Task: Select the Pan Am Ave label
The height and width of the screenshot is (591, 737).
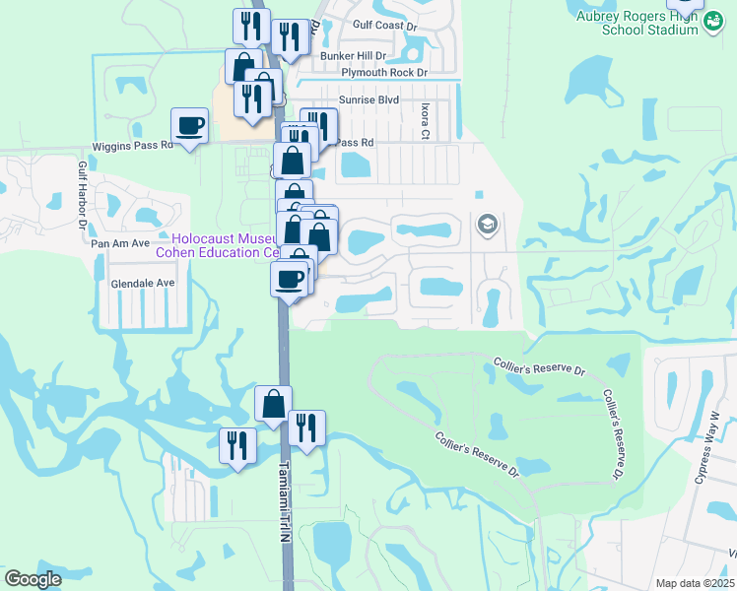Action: click(x=119, y=242)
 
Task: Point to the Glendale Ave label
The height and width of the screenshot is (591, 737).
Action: click(x=142, y=282)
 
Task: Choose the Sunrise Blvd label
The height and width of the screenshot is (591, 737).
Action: click(x=369, y=99)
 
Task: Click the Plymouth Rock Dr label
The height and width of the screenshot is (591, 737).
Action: click(x=384, y=73)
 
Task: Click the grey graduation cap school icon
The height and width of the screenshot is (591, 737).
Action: click(x=486, y=226)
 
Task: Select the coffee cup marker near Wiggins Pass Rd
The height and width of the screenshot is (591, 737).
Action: click(x=190, y=126)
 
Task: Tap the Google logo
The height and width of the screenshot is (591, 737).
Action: click(x=33, y=579)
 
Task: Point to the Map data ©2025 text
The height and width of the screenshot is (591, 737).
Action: click(x=694, y=582)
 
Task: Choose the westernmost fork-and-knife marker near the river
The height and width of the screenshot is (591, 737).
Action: click(x=237, y=446)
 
